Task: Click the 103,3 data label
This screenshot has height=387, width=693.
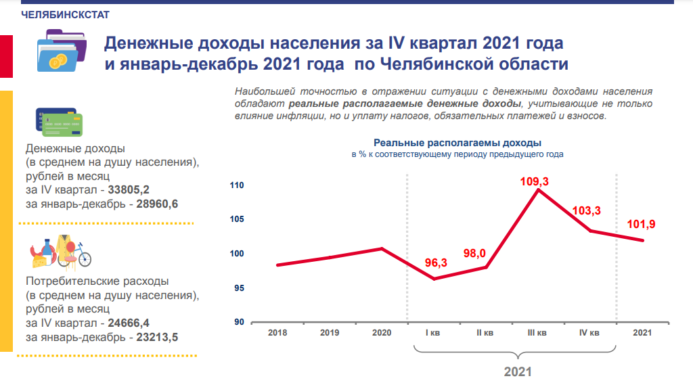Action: click(x=586, y=211)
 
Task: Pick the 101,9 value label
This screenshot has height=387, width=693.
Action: click(x=642, y=224)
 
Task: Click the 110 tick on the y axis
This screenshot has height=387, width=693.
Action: click(x=238, y=185)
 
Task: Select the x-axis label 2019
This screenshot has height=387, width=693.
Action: click(x=330, y=333)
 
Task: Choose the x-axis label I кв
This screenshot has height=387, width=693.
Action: click(x=433, y=333)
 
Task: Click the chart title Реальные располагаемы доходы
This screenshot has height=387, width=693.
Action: click(x=457, y=143)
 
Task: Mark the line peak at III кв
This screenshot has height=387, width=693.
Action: click(x=537, y=190)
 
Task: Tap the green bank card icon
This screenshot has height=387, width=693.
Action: click(x=61, y=125)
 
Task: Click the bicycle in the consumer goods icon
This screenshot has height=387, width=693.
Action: click(x=81, y=257)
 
